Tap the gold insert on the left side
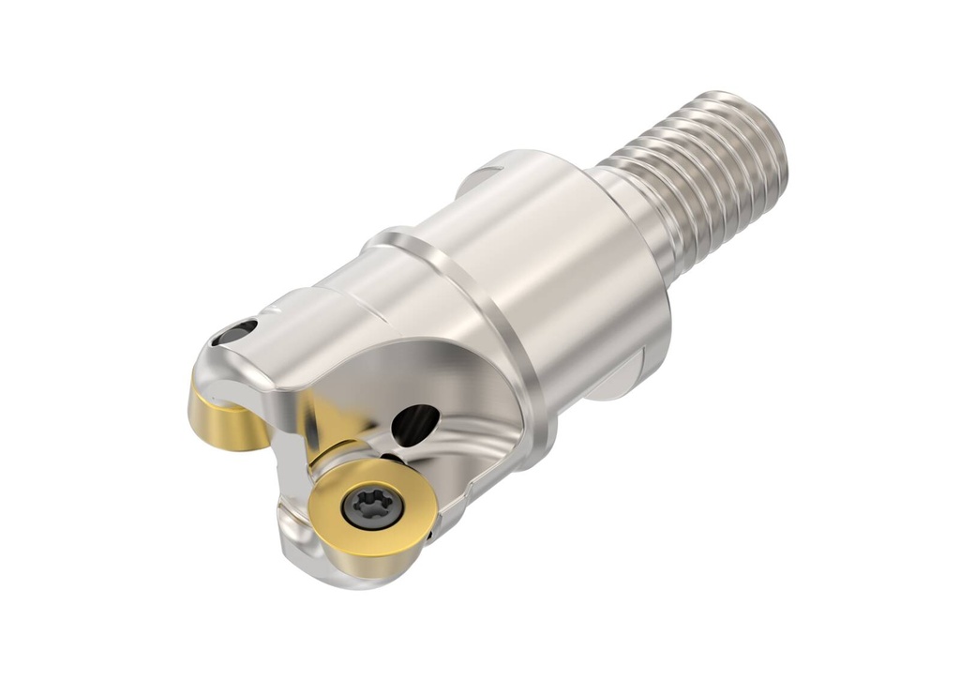[x=223, y=420]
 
